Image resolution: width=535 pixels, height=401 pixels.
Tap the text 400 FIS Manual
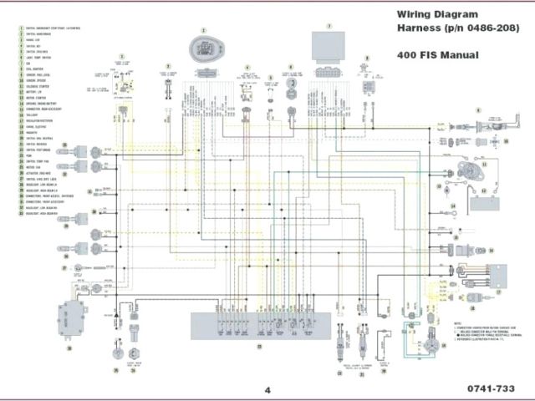pos(434,55)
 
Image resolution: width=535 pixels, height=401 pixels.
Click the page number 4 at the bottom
pos(267,389)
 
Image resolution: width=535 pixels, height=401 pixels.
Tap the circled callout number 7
pos(329,27)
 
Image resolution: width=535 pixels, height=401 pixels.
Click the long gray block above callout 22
pos(259,322)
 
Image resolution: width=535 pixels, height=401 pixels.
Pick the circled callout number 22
pos(259,345)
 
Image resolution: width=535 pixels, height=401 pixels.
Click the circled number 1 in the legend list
pos(19,28)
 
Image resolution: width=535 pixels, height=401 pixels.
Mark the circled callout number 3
pos(167,65)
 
